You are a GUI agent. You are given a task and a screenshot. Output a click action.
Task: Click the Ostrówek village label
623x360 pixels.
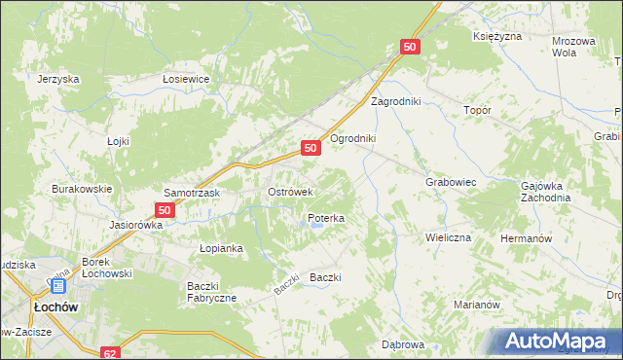coord(290,193)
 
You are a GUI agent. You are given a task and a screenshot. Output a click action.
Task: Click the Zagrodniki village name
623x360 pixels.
coord(395,101)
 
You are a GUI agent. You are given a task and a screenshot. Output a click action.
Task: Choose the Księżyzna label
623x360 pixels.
coord(497,36)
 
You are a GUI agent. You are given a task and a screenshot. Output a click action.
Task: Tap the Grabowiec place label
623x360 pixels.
coord(450,182)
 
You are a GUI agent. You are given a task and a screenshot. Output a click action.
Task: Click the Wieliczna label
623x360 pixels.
coord(448,237)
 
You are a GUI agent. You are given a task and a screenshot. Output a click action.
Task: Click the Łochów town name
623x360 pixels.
coord(55,306)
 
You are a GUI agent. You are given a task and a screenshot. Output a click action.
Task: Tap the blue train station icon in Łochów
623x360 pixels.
coord(57,287)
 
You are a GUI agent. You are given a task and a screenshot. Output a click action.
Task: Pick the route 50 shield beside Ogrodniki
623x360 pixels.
coord(311,148)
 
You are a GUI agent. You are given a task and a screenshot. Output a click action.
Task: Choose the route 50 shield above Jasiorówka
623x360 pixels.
coord(165,210)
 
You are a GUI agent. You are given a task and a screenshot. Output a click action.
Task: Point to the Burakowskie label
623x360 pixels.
coord(83,189)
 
